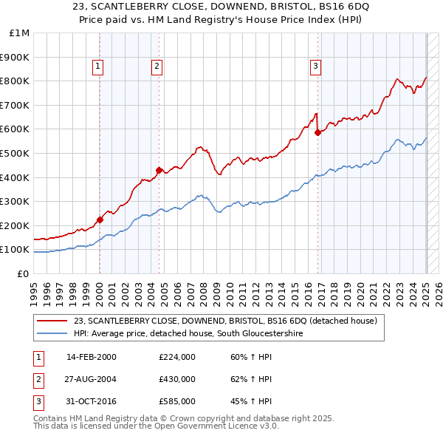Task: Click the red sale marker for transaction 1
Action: [x=100, y=219]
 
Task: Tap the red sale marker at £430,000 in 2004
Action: [x=159, y=170]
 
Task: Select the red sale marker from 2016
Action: [x=317, y=133]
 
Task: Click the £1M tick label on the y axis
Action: [x=19, y=33]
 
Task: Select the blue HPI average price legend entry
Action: [x=188, y=334]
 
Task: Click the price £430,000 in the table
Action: [x=177, y=379]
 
